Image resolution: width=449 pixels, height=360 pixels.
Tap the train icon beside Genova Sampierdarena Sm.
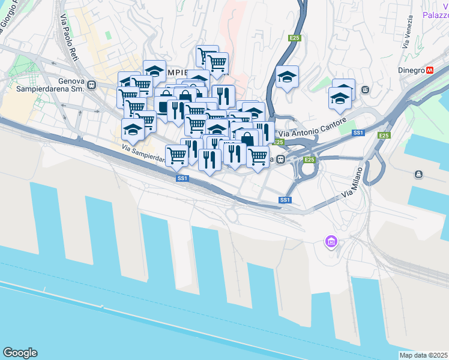(91, 85)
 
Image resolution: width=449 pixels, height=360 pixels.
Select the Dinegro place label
(411, 70)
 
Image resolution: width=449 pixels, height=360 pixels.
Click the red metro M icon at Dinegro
(430, 70)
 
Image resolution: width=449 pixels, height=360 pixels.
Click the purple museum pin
(330, 242)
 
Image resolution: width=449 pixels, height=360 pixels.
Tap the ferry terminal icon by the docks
(418, 175)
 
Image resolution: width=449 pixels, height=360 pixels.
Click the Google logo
(20, 353)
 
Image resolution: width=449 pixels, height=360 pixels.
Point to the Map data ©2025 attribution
(423, 355)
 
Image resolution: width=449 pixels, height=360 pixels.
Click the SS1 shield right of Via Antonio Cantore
(358, 133)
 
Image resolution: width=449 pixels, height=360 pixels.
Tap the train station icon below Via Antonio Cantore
(280, 159)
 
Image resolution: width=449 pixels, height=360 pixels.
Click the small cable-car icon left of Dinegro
(365, 90)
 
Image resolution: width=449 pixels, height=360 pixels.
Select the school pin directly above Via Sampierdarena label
(133, 130)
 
